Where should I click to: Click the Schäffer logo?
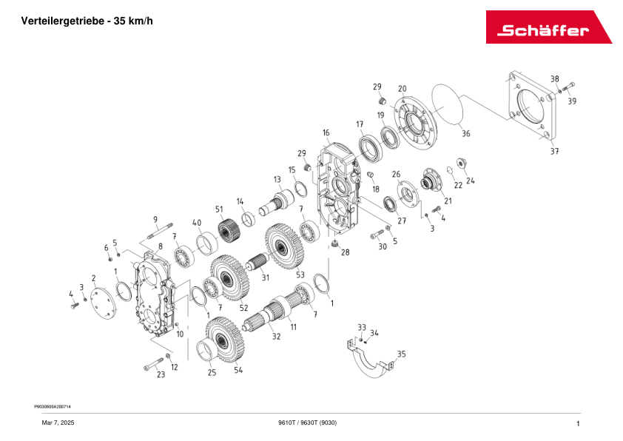[548, 27]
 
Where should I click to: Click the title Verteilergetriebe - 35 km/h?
[87, 21]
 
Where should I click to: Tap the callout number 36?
[465, 134]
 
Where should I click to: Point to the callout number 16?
[326, 132]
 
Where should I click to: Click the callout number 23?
[161, 375]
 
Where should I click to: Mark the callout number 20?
[402, 89]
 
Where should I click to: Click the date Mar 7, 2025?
[57, 423]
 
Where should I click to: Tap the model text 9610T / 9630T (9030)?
[307, 423]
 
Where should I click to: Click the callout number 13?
[277, 180]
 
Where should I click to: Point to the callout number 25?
[212, 373]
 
